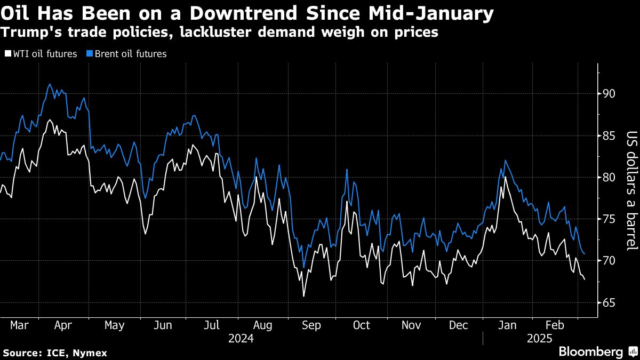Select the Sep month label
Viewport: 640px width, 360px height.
pos(311,325)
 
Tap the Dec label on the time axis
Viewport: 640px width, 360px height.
pos(459,325)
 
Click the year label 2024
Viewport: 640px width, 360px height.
pos(241,339)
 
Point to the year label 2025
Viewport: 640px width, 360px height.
pos(539,339)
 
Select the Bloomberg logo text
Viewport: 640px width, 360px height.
pos(591,351)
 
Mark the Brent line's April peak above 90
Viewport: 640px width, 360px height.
pos(50,84)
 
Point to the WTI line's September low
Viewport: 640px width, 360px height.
pos(303,296)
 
